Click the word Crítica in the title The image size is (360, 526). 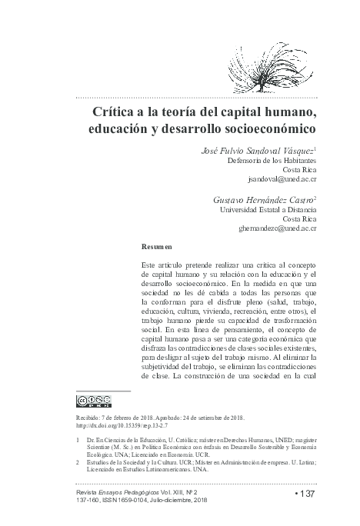click(116, 113)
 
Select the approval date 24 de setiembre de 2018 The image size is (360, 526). click(212, 416)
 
